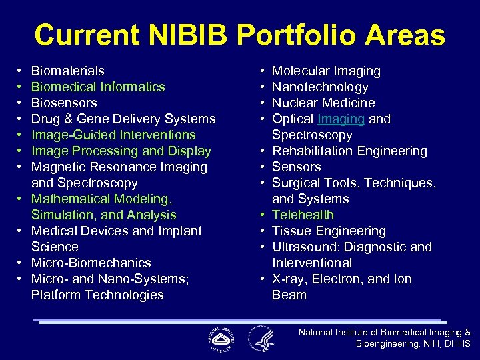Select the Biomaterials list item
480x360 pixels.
click(67, 71)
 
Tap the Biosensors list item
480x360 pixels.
click(64, 103)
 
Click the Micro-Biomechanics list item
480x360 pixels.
click(91, 263)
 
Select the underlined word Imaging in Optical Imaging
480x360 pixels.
click(341, 119)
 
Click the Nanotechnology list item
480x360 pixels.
click(320, 87)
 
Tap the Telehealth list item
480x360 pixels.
click(303, 215)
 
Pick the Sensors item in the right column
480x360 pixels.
click(296, 167)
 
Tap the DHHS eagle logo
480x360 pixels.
click(261, 338)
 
